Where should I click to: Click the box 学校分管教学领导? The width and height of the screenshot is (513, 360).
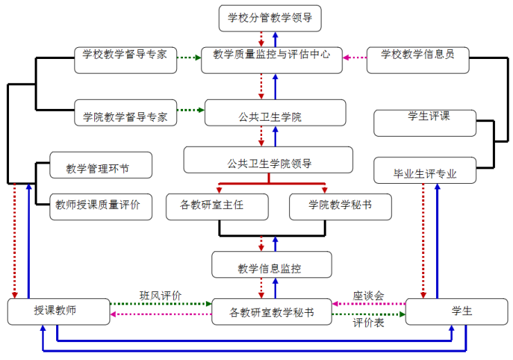(270, 18)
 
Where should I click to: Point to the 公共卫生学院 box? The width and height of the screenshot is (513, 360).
(275, 112)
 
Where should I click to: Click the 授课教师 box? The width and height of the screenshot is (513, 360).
(59, 311)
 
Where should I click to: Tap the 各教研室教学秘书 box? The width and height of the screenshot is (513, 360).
(271, 312)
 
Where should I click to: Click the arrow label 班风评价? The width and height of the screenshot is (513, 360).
(160, 295)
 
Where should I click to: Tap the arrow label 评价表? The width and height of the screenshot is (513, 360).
(368, 323)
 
